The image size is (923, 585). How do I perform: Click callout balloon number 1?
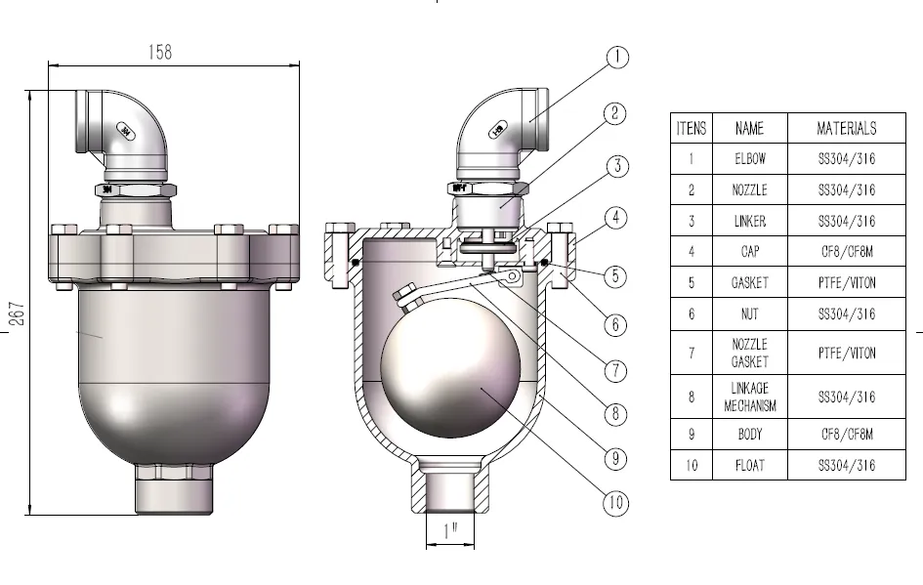616,58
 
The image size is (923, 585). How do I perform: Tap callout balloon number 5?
614,276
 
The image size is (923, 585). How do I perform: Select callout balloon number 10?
614,504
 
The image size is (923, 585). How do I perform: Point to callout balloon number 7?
614,370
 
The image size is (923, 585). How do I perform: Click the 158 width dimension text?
159,53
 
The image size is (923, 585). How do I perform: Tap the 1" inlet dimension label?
450,533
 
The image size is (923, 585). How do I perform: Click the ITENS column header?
691,128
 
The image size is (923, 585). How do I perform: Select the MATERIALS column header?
846,128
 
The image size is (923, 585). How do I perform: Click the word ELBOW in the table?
749,158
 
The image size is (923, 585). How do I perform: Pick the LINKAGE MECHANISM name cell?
749,397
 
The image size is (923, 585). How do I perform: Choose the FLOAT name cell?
749,465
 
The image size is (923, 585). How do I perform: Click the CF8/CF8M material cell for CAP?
846,251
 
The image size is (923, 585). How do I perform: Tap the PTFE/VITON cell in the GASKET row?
846,283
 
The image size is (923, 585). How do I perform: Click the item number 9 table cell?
691,434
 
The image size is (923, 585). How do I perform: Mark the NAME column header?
749,128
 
